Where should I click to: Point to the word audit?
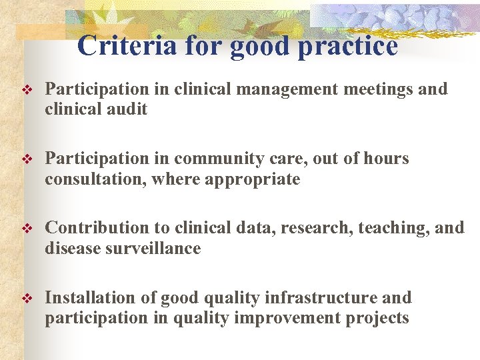point(127,109)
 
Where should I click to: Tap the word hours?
point(385,159)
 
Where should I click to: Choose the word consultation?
point(96,179)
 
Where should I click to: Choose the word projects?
point(377,319)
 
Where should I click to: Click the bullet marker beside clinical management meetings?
point(27,90)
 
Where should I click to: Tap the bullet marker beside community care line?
point(27,159)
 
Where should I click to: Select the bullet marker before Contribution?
point(27,229)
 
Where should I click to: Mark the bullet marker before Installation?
point(27,298)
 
